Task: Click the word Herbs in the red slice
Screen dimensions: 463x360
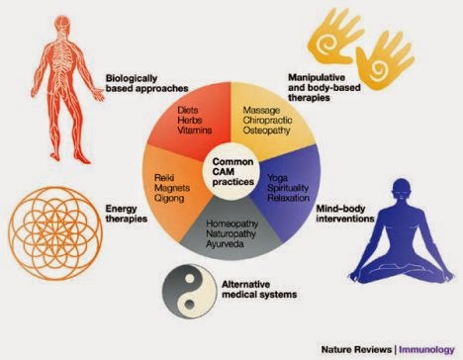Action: point(189,120)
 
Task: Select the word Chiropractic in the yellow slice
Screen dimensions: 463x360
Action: point(267,120)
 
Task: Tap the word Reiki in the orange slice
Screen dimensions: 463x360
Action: point(164,178)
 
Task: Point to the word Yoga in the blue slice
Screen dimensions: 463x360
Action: point(277,178)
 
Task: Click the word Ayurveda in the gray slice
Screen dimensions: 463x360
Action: point(225,244)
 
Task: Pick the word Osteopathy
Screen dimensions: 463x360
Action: point(266,131)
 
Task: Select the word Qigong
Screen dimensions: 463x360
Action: point(169,199)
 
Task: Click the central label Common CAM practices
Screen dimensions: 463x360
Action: point(233,172)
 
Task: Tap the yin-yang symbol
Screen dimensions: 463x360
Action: point(189,291)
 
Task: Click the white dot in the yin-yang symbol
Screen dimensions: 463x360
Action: point(189,279)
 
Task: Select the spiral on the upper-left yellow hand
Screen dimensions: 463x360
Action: point(326,44)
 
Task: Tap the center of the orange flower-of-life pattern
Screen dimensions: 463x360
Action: point(55,233)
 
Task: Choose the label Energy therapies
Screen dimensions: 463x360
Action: point(127,214)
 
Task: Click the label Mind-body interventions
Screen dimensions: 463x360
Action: point(345,214)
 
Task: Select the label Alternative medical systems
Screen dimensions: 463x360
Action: point(259,289)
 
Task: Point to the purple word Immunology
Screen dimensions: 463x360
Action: point(426,350)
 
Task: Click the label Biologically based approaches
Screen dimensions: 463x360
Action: point(146,83)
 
